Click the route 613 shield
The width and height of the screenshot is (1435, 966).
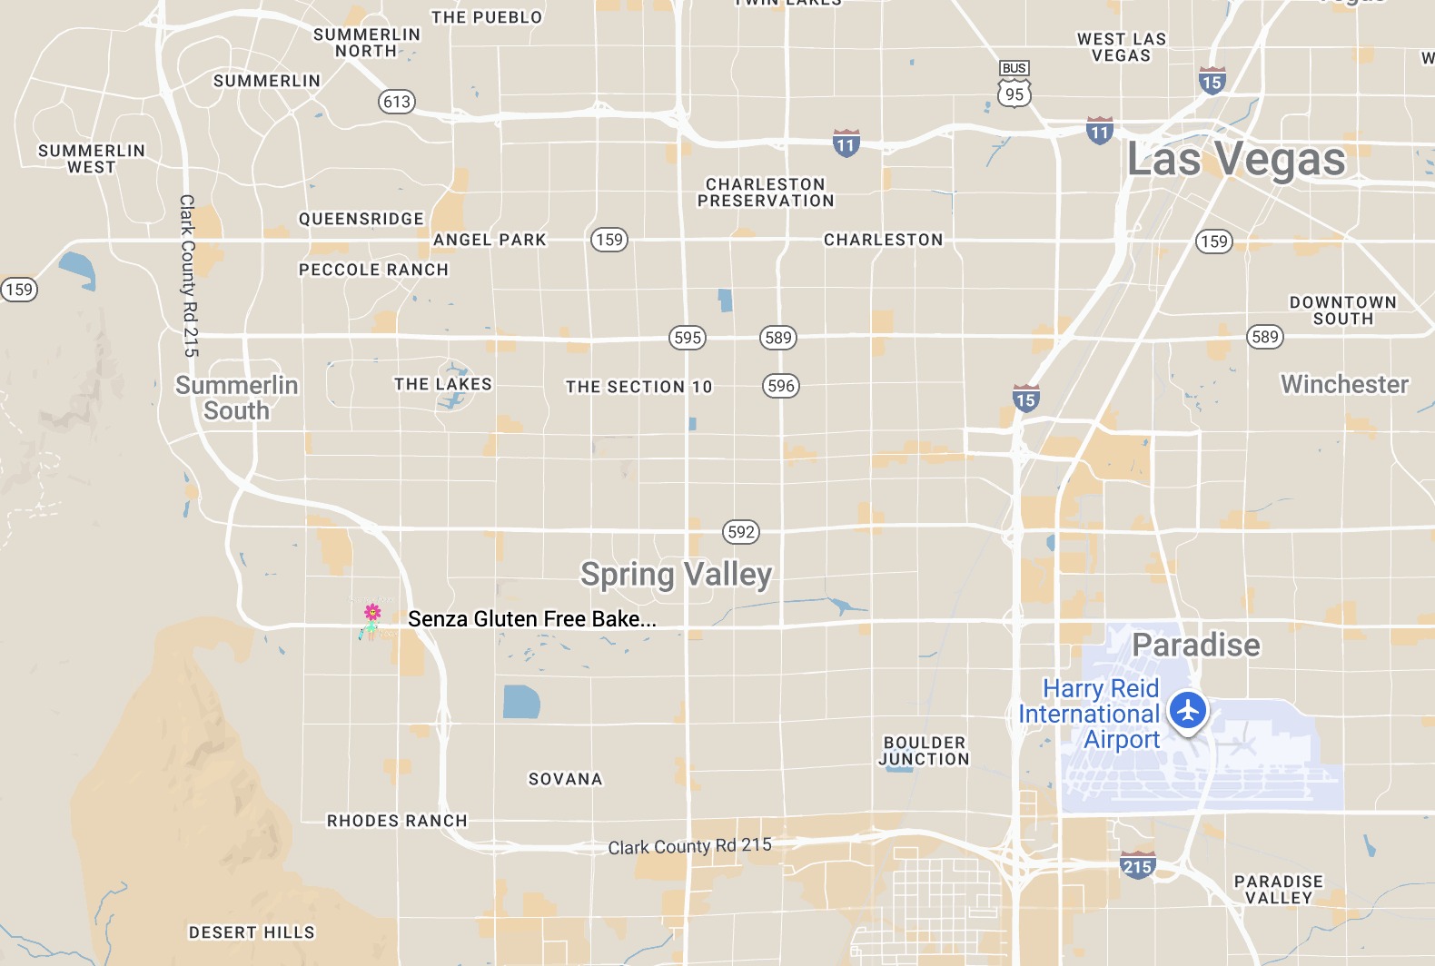click(x=397, y=102)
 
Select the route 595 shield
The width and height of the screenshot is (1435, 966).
click(x=688, y=338)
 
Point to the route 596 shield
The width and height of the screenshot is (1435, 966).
click(x=781, y=386)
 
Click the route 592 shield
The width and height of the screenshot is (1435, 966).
click(x=741, y=532)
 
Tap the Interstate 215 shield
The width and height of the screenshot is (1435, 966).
click(x=1137, y=865)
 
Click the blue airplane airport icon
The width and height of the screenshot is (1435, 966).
click(x=1187, y=710)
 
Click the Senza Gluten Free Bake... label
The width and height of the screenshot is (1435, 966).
click(x=531, y=619)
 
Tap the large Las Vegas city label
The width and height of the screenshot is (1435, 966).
click(x=1235, y=160)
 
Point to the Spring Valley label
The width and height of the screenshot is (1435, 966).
click(x=676, y=575)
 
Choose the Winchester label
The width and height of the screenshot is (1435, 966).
click(x=1344, y=385)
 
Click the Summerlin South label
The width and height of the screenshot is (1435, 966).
click(x=236, y=398)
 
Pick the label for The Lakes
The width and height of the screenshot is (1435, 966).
click(x=443, y=384)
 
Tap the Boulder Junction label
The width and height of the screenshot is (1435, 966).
click(x=924, y=751)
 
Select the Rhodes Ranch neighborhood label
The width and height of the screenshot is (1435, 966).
click(x=397, y=821)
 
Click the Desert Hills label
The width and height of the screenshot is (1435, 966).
click(x=252, y=932)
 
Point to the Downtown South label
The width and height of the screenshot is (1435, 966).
click(x=1342, y=310)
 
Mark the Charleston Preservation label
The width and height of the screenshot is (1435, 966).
click(x=766, y=192)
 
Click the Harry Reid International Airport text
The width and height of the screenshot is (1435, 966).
click(x=1090, y=714)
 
